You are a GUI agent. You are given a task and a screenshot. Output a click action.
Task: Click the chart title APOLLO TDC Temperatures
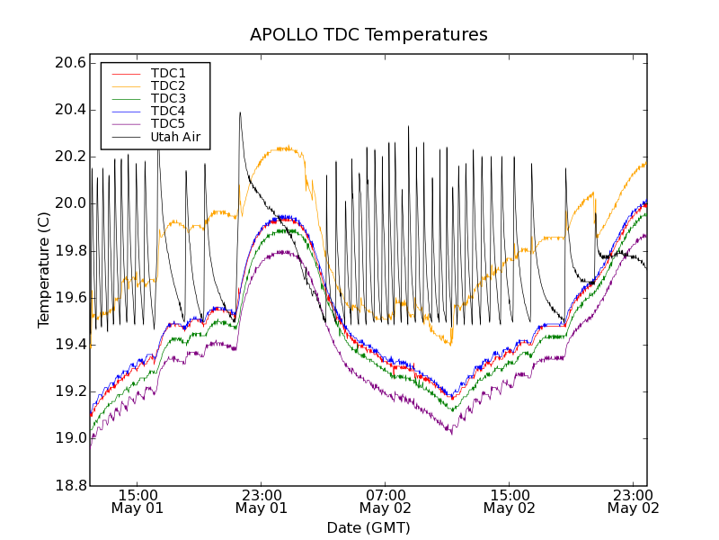click(x=368, y=35)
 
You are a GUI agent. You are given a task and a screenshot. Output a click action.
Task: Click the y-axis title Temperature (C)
click(x=44, y=270)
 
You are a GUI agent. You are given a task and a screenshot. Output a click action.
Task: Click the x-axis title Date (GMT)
click(x=368, y=527)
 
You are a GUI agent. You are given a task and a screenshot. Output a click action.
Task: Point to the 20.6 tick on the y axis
click(x=69, y=63)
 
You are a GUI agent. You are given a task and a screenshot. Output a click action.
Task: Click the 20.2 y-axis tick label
click(x=69, y=157)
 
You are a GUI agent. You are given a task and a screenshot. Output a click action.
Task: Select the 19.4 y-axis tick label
click(x=69, y=345)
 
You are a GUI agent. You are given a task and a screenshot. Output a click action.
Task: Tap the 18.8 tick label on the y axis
click(x=69, y=486)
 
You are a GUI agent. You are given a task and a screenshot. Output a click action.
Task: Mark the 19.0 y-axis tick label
click(x=69, y=438)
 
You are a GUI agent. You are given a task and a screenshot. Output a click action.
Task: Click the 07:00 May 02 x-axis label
click(x=386, y=500)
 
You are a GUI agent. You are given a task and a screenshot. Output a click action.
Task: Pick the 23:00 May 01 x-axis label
click(x=262, y=500)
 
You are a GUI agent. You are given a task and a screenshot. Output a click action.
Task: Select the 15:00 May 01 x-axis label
click(x=138, y=500)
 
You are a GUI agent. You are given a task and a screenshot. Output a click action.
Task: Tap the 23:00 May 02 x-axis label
click(x=634, y=500)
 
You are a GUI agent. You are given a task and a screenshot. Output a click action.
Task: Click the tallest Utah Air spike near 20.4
click(x=240, y=112)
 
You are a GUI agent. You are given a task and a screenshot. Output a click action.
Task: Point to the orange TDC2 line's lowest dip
click(x=450, y=344)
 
